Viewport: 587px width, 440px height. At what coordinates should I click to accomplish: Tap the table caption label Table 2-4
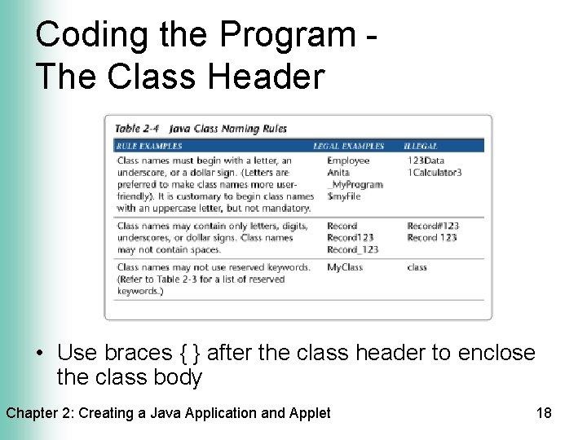[137, 128]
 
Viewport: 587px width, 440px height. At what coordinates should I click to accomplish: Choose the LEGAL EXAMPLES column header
[348, 146]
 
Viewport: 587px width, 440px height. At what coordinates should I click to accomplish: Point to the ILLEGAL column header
[421, 146]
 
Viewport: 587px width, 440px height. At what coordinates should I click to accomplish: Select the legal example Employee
[348, 161]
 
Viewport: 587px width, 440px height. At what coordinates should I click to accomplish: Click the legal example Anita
[338, 173]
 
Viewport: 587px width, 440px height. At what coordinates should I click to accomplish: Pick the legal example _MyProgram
[355, 184]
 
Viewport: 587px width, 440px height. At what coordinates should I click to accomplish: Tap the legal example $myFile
[343, 196]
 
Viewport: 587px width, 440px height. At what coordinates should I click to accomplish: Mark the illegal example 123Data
[426, 161]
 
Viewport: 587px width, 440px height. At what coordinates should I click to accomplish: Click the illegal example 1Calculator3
[435, 173]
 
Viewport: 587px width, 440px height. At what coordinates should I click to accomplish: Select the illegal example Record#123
[433, 226]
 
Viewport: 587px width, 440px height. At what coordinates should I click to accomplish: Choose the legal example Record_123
[353, 249]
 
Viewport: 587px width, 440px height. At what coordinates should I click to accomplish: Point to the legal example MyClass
[345, 267]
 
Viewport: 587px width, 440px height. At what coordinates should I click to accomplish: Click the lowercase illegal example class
[417, 267]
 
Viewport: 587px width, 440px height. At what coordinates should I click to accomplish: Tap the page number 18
[544, 413]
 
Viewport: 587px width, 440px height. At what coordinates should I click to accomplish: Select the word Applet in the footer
[310, 413]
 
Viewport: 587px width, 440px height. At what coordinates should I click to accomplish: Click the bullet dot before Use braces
[41, 354]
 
